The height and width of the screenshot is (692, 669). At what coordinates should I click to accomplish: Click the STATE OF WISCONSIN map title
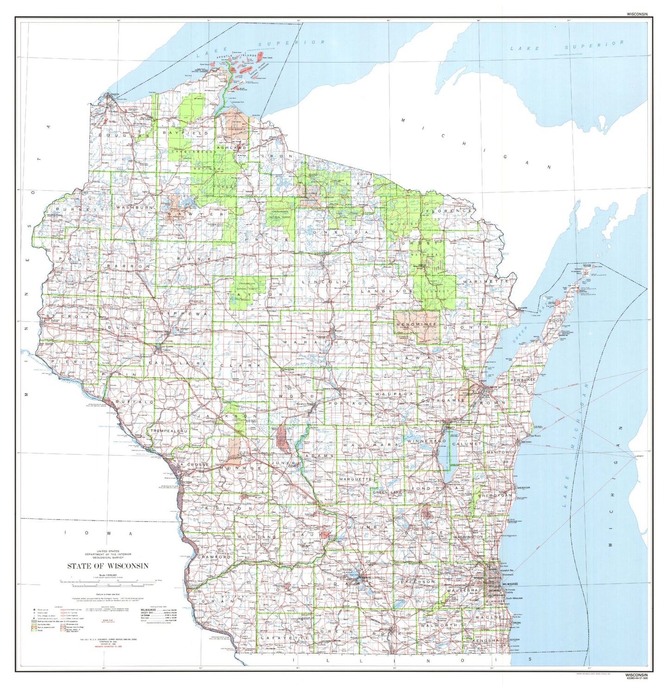click(x=107, y=566)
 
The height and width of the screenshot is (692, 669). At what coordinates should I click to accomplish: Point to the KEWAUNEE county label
click(x=523, y=380)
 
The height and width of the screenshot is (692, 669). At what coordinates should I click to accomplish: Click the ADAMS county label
click(x=319, y=456)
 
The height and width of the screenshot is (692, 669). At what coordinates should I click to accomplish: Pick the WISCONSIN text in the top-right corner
click(x=637, y=14)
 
